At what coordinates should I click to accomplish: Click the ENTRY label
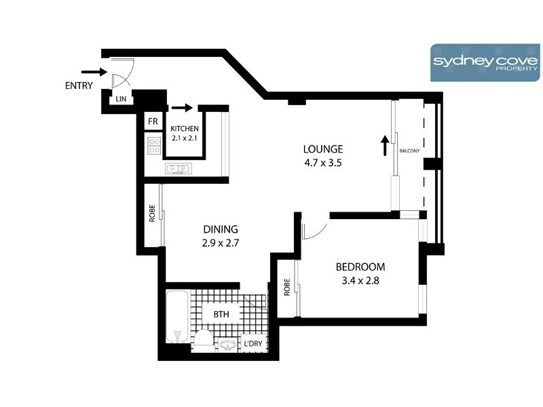(79, 85)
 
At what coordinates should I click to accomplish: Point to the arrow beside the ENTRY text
(93, 71)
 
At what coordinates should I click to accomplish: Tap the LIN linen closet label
(121, 100)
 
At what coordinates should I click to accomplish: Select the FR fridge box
(153, 121)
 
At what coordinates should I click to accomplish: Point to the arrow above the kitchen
(183, 107)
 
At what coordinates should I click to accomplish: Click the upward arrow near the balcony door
(385, 144)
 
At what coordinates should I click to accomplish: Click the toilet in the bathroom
(204, 339)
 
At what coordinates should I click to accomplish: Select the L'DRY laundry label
(253, 345)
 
